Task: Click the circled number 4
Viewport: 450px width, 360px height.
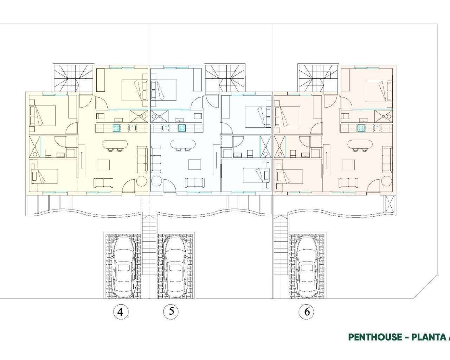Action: click(121, 312)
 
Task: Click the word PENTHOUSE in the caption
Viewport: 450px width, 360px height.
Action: click(374, 337)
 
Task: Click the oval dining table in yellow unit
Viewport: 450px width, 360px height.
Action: click(114, 144)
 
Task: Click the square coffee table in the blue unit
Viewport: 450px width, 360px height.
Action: click(194, 165)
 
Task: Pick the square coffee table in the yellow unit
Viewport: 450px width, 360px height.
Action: click(103, 165)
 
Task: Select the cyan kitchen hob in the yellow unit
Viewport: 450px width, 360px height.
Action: click(116, 128)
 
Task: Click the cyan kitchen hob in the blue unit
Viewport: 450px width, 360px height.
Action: click(181, 128)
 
